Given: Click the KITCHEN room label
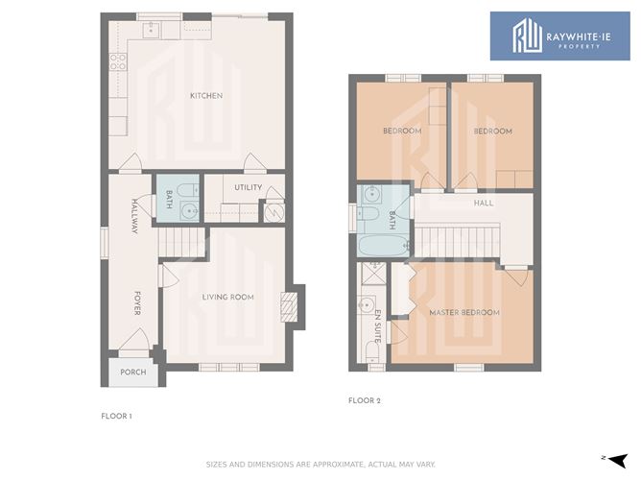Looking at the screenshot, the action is click(x=206, y=96).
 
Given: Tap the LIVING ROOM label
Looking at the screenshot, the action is click(x=227, y=297).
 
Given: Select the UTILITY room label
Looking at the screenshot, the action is click(x=249, y=187).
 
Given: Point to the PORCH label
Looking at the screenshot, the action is click(x=132, y=373).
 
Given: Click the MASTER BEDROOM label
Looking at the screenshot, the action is click(x=464, y=312).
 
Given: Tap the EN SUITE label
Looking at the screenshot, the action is click(x=378, y=326).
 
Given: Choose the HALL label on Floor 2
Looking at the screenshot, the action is click(x=484, y=203).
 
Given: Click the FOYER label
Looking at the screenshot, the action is click(x=137, y=303).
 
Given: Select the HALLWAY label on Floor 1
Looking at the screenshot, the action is click(x=134, y=216).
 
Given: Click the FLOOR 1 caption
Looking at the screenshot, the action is click(x=116, y=417).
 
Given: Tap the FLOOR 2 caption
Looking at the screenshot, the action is click(x=365, y=400).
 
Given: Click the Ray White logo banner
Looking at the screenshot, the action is click(x=560, y=36).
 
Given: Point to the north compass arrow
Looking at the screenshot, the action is click(x=619, y=460).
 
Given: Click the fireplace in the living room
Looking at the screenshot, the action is click(x=288, y=306).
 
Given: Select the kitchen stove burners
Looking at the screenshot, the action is click(x=118, y=61).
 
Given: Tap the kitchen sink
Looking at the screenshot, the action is click(x=152, y=30).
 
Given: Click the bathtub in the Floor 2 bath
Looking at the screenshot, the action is click(x=383, y=246).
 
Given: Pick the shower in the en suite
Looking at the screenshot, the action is click(x=374, y=274).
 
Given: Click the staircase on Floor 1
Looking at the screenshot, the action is click(x=181, y=242).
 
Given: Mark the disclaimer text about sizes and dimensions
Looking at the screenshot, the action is click(x=320, y=465).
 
